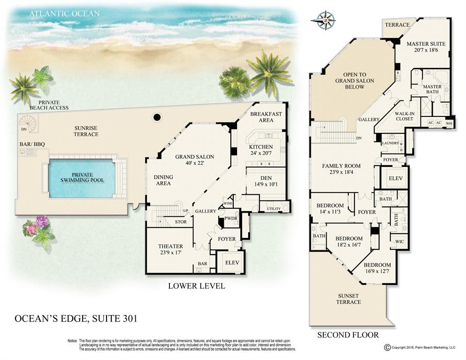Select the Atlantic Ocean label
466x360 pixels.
(x=64, y=13)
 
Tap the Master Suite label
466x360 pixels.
(x=426, y=47)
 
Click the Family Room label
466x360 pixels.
(x=341, y=169)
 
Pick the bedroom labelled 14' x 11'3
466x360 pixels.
(x=330, y=208)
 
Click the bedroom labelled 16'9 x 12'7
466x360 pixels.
(x=377, y=268)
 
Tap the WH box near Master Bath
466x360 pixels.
(x=449, y=123)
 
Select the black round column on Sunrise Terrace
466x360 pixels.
(x=157, y=116)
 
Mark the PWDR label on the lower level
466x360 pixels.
(x=230, y=219)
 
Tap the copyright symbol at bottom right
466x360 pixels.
(x=387, y=347)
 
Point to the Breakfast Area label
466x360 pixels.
(x=266, y=117)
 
